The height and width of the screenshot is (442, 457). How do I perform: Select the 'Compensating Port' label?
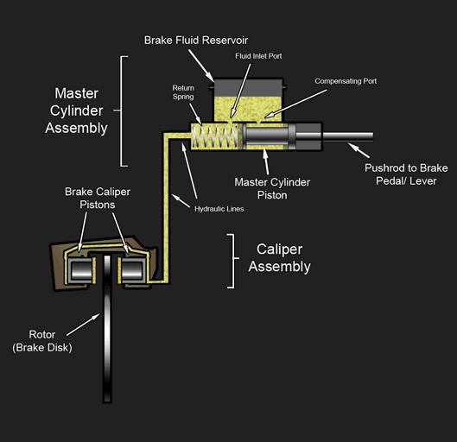click(346, 81)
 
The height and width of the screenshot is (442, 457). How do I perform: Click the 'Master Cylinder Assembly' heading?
click(81, 110)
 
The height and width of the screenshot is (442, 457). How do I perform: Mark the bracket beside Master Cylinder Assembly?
click(124, 110)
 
